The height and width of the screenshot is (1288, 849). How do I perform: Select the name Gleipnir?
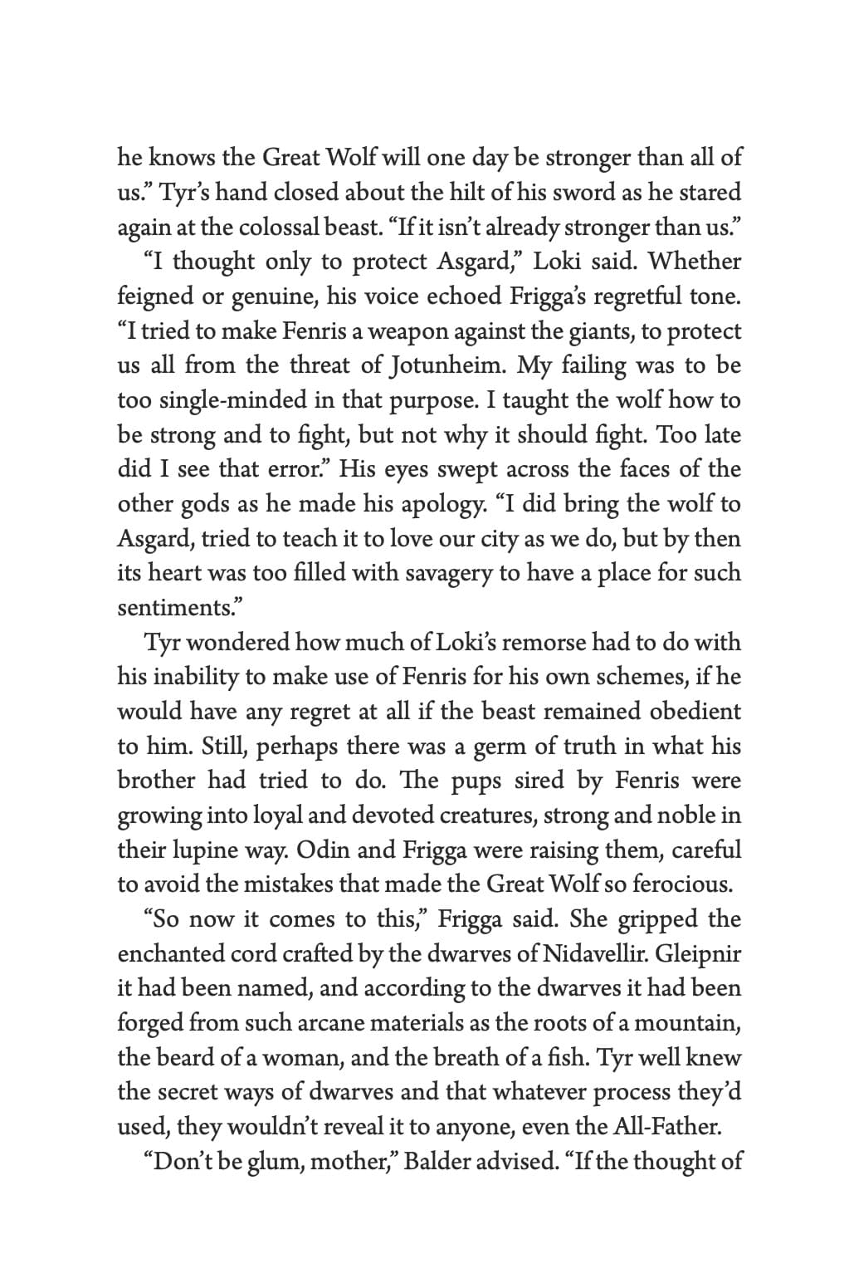(x=698, y=954)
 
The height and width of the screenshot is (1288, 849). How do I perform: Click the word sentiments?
(x=175, y=608)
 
